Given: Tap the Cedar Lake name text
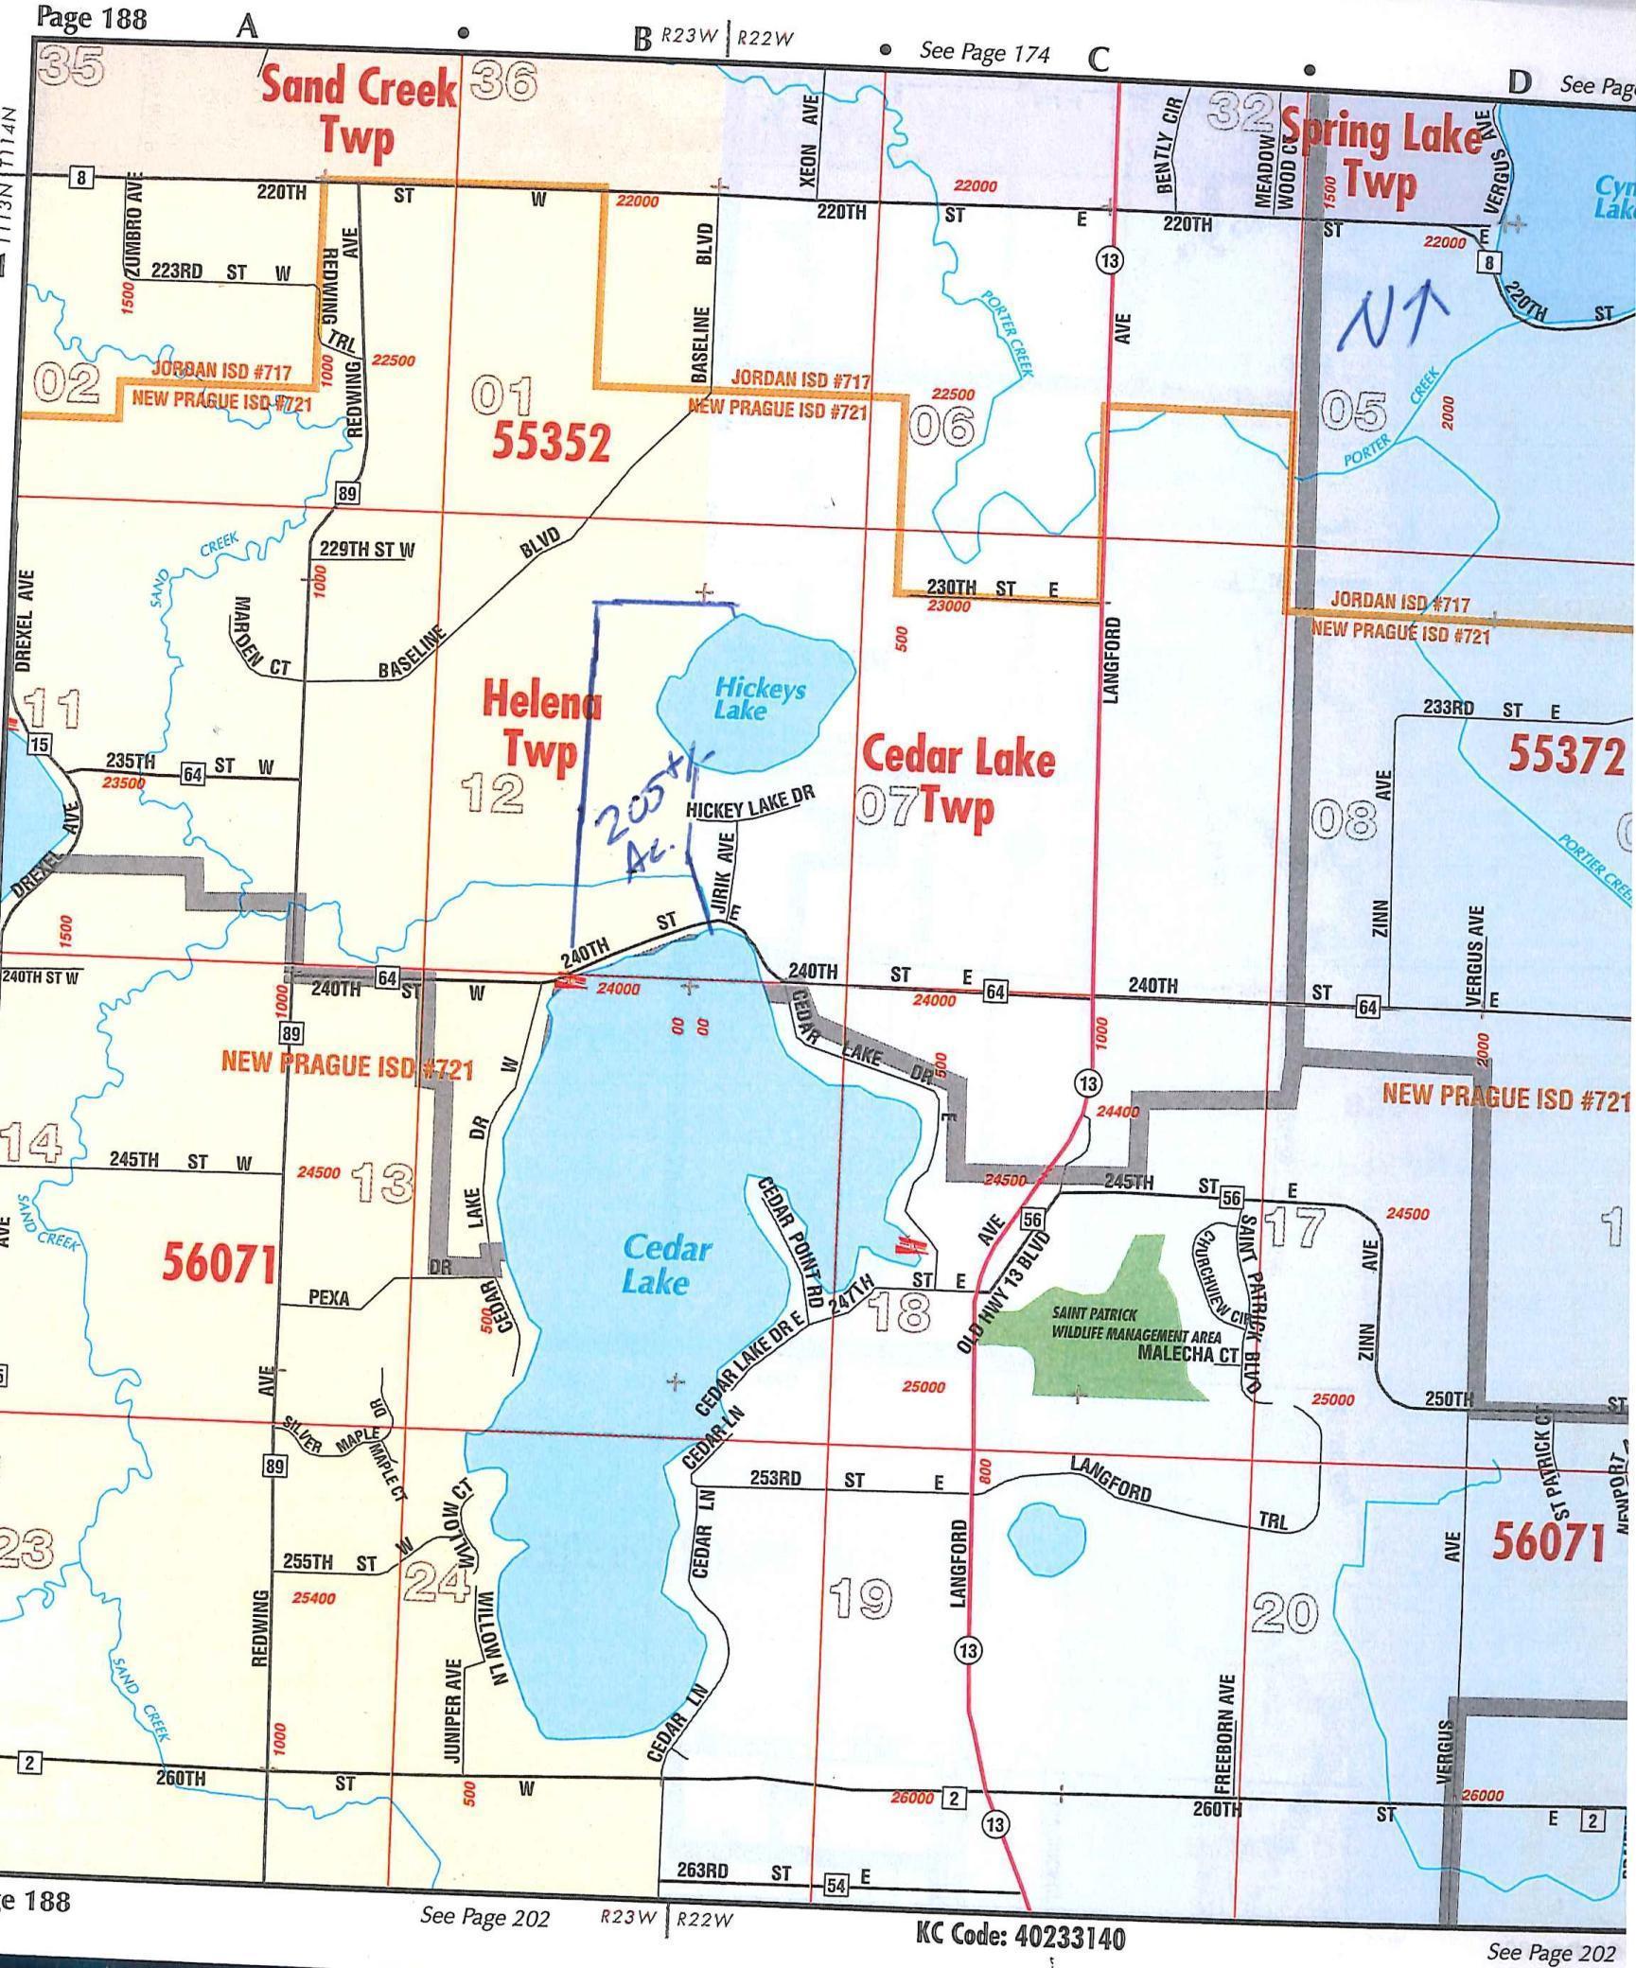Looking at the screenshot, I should [667, 1265].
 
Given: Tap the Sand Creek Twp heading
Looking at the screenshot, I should [358, 113].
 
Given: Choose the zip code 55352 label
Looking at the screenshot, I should [551, 442].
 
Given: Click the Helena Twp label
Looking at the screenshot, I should [540, 725].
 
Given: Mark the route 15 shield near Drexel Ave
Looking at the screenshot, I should [39, 744].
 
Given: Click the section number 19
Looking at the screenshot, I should [860, 1598].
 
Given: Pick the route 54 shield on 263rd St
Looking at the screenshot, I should [836, 1885].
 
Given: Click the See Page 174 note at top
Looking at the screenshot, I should [984, 53].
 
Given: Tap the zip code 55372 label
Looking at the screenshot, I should [1565, 754].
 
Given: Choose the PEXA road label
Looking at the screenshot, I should [329, 1298].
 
